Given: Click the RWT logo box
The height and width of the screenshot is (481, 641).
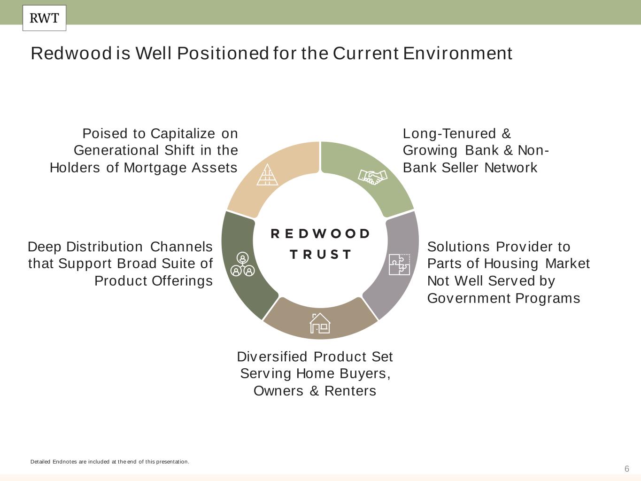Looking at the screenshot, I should pos(44,18).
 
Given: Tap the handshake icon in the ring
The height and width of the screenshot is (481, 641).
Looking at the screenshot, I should pos(372,177).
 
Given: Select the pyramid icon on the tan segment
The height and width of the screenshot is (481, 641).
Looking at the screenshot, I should pos(267,175).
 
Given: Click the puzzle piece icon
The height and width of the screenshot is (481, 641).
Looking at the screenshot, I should pos(400,264).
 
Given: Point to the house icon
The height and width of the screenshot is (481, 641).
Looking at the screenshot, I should pos(320,323).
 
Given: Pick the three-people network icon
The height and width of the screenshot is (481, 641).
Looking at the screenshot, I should pos(242,264).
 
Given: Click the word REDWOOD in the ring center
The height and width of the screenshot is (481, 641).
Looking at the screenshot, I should pos(321,234).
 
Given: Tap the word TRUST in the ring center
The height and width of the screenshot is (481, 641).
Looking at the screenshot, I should pos(321,255).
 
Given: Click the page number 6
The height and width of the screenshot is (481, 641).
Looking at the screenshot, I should pos(626,469).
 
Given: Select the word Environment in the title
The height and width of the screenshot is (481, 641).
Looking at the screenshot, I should pos(457,54).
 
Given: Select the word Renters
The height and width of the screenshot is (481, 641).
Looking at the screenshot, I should pos(350,391).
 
